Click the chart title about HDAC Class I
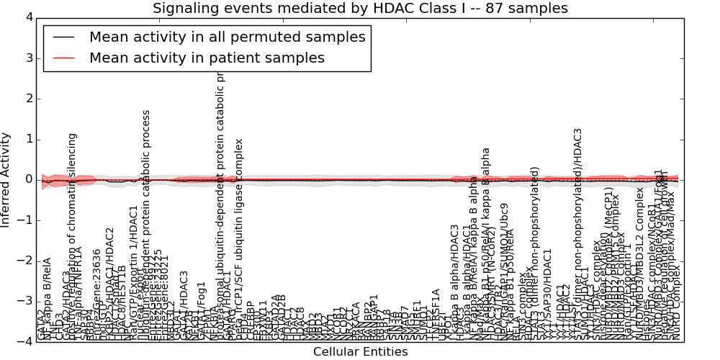click(x=360, y=9)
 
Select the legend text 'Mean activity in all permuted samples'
click(x=227, y=37)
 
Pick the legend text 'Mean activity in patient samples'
click(x=207, y=58)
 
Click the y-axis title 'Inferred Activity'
click(x=6, y=179)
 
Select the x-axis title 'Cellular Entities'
click(x=360, y=352)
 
